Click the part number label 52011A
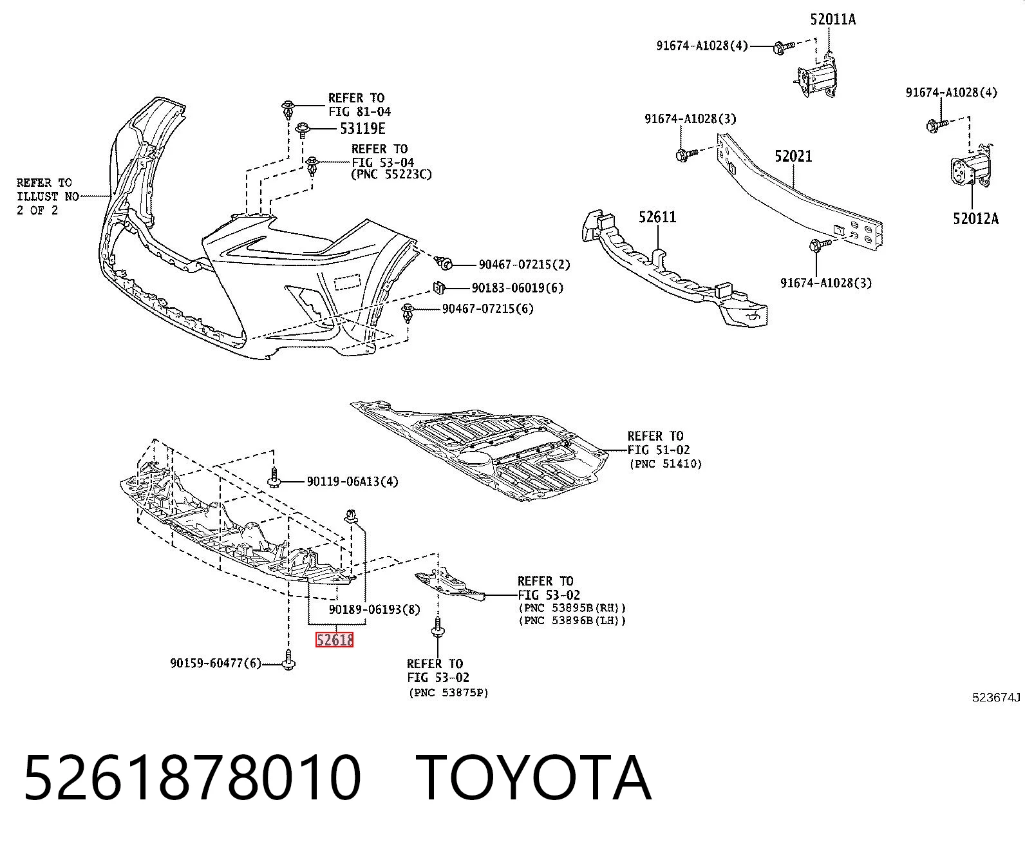pyautogui.click(x=832, y=19)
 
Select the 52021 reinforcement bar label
pyautogui.click(x=793, y=157)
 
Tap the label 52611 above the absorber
pyautogui.click(x=657, y=216)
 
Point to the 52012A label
pyautogui.click(x=975, y=218)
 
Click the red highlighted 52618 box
pyautogui.click(x=334, y=640)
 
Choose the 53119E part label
pyautogui.click(x=362, y=129)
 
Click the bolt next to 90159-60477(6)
pyautogui.click(x=288, y=660)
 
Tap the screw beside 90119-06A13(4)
pyautogui.click(x=274, y=477)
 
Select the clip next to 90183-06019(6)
pyautogui.click(x=438, y=287)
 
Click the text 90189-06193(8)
pyautogui.click(x=375, y=610)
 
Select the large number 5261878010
pyautogui.click(x=193, y=777)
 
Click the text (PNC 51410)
pyautogui.click(x=666, y=464)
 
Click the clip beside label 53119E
pyautogui.click(x=303, y=129)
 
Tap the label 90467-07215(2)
pyautogui.click(x=524, y=265)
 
